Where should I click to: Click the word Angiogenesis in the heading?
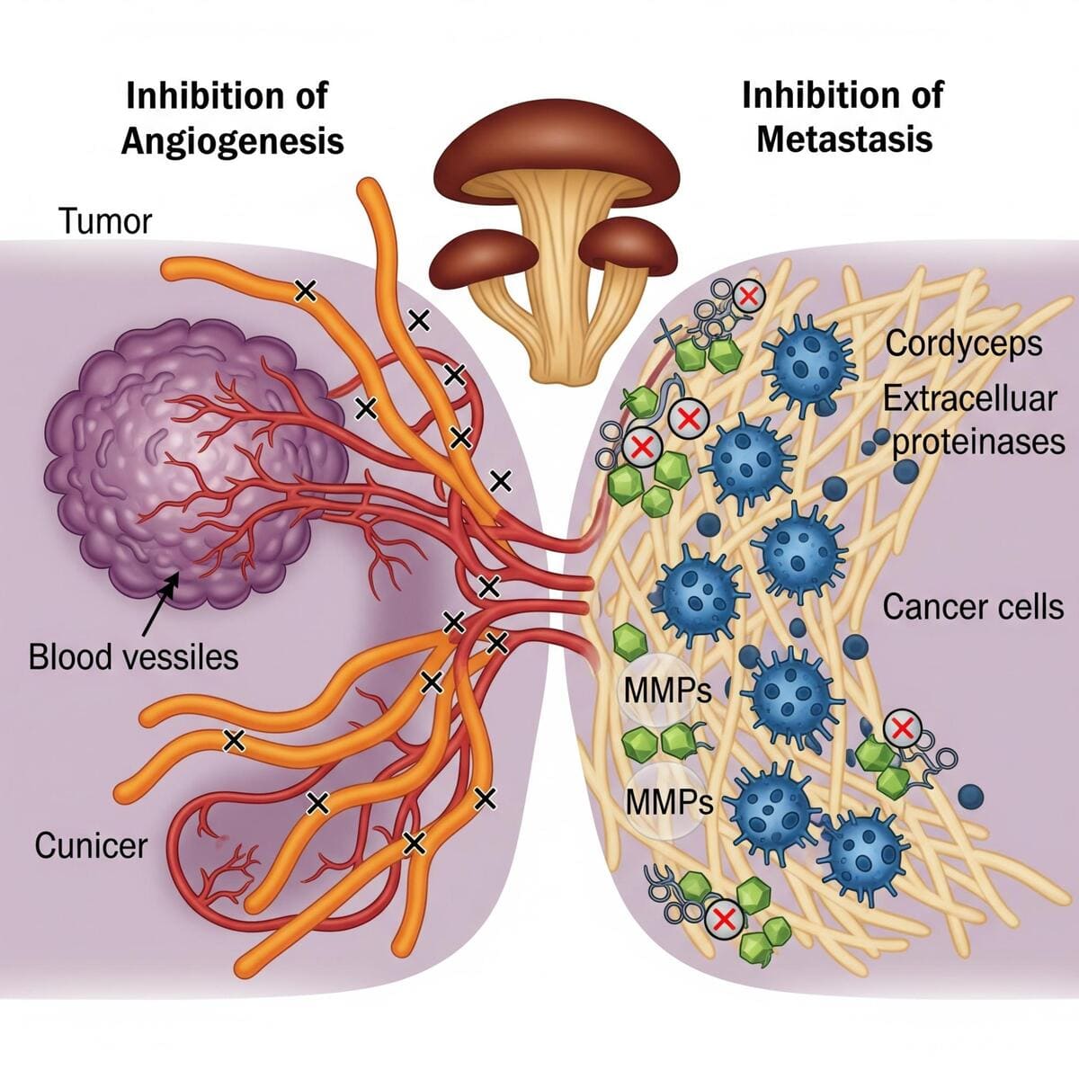point(232,141)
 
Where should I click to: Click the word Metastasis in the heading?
point(844,139)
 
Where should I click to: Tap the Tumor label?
point(105,221)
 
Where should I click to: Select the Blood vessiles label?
point(133,656)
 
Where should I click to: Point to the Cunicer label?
point(91,845)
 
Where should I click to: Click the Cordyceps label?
point(964,343)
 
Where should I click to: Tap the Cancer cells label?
point(973,607)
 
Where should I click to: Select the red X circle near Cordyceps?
point(748,294)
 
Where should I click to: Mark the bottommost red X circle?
point(721,919)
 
